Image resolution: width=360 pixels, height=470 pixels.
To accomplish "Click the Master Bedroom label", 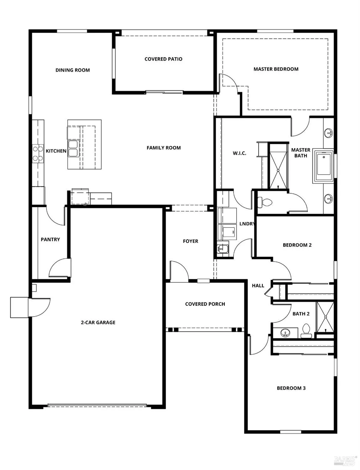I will point(276,69).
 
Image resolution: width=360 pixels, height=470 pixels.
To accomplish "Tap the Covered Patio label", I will point(163,59).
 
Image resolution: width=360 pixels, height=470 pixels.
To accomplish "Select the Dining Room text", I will point(73,70).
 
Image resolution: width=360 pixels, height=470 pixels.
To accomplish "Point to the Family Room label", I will point(163,148).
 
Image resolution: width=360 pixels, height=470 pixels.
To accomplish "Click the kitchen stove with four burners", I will point(38,154).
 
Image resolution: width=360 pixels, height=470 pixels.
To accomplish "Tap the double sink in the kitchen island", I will point(73,149).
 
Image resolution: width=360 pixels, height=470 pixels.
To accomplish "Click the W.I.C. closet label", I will point(239,153).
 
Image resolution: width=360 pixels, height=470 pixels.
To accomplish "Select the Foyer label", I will point(190,241).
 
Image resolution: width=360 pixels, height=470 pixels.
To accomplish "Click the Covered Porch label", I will point(205,304).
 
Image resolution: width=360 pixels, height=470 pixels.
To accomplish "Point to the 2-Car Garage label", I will point(98,322).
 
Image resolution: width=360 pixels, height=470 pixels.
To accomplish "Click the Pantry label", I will point(50,239).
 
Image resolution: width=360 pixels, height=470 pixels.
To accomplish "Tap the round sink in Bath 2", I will point(285,333).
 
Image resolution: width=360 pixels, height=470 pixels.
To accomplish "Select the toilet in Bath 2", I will point(306,331).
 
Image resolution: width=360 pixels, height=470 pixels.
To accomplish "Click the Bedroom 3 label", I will point(291,388).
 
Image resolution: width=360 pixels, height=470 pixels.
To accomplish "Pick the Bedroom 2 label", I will point(297,245).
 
